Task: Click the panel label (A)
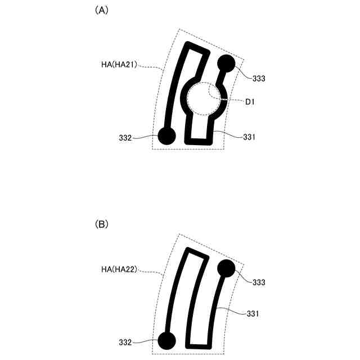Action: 101,10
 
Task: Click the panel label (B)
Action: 101,224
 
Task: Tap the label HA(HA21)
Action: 119,65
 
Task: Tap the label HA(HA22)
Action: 119,269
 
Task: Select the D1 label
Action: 250,102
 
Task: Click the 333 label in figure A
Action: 259,79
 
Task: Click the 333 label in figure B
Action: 259,282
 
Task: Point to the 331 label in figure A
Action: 249,137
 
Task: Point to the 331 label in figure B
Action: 253,314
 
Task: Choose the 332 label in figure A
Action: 125,138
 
